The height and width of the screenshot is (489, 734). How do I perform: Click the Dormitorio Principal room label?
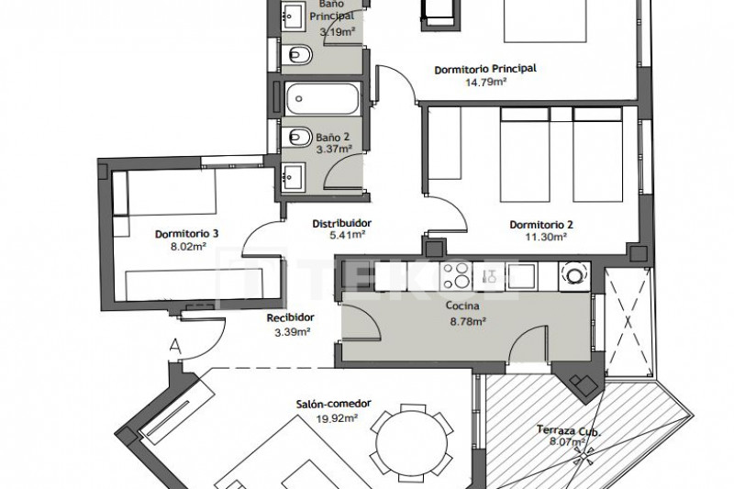click(485, 69)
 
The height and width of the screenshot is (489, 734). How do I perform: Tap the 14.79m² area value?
click(486, 83)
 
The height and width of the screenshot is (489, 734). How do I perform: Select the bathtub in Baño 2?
click(323, 99)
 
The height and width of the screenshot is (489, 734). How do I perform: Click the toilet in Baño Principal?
click(296, 55)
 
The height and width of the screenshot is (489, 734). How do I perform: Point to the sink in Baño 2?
click(294, 176)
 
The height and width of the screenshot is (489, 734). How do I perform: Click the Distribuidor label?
click(342, 223)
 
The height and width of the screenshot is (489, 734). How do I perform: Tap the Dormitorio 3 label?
click(187, 233)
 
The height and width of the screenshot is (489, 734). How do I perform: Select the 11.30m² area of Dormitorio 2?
click(545, 237)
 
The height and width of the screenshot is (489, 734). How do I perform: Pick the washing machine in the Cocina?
click(574, 276)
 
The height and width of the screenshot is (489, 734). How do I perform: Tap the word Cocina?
click(462, 306)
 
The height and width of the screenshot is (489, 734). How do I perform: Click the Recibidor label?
click(290, 317)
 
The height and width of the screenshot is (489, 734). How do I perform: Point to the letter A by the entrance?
click(175, 347)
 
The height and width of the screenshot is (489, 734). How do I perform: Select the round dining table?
click(411, 443)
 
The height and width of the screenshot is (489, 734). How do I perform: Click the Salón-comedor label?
click(334, 404)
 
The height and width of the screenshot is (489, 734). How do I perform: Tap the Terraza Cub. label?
click(568, 430)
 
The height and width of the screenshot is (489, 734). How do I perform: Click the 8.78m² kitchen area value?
click(467, 321)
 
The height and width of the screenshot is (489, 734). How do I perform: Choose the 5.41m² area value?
click(348, 235)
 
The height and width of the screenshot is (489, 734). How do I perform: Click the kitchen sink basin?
click(522, 275)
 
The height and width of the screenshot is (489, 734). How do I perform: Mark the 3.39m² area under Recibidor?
click(293, 332)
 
